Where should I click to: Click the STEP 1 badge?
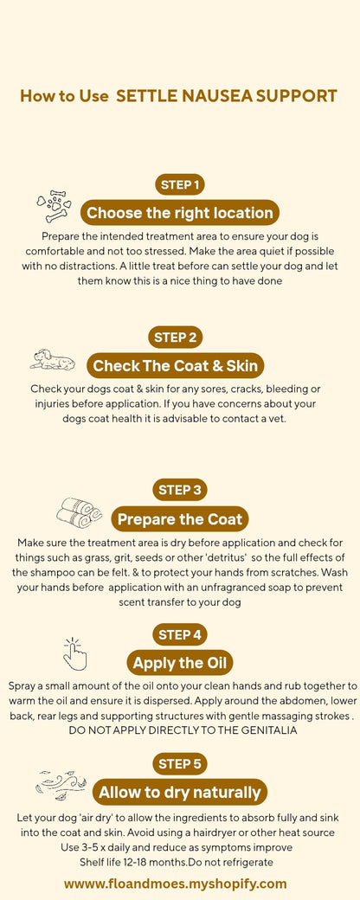[180, 184]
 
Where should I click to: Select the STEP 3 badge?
[180, 490]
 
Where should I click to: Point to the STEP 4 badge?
[180, 634]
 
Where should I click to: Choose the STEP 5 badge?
[180, 763]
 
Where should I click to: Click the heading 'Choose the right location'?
[180, 213]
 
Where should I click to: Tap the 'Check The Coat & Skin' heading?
[176, 365]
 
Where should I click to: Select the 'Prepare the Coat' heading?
[180, 519]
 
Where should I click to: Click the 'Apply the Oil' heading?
[180, 664]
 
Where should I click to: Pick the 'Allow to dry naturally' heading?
[180, 792]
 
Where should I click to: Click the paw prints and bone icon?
[54, 207]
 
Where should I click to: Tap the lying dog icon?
[52, 359]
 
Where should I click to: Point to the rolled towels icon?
[79, 512]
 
